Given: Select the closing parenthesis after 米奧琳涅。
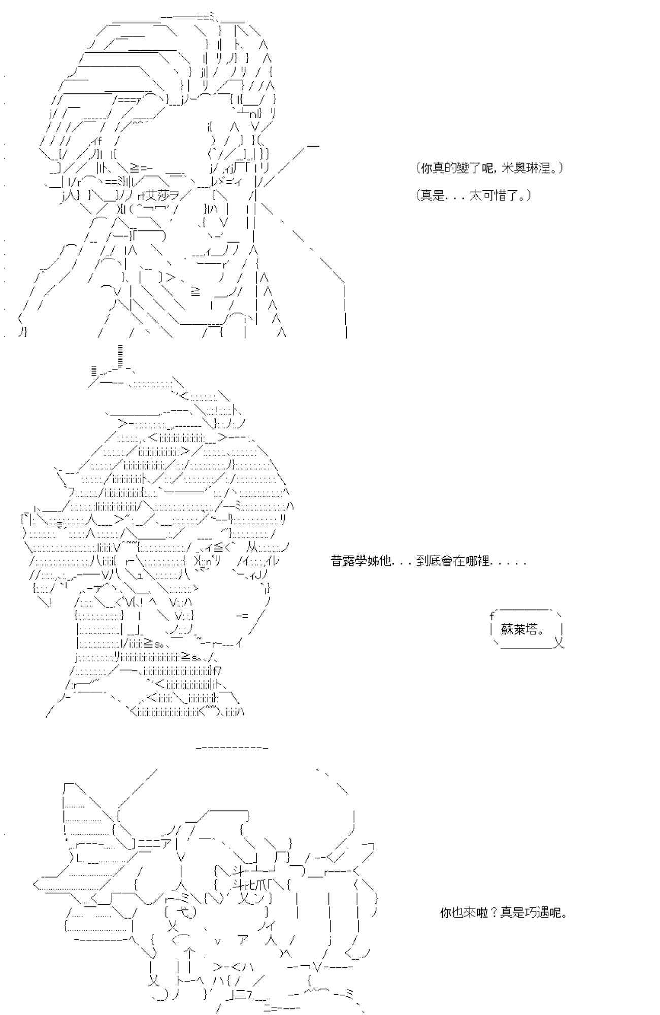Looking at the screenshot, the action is click(x=560, y=168).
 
